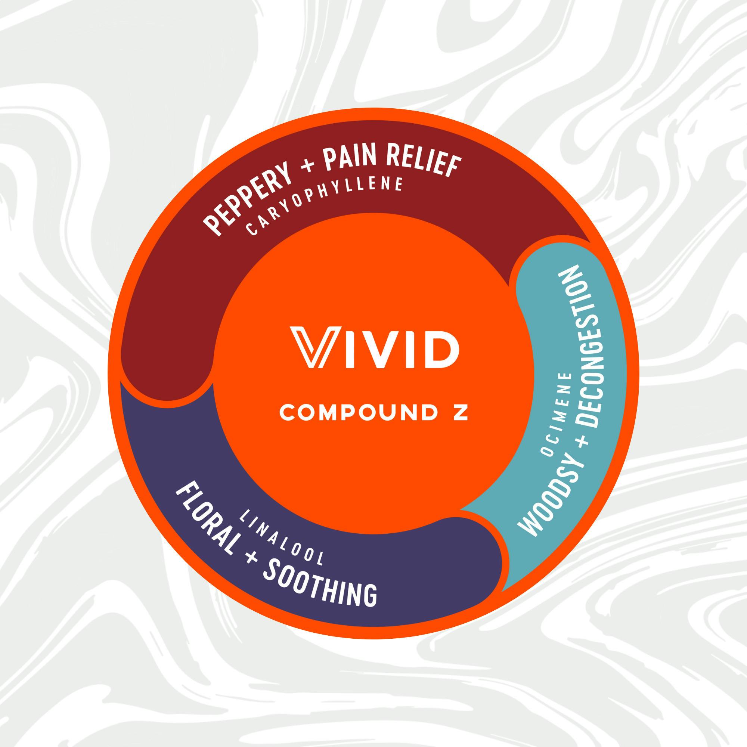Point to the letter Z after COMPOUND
pyautogui.click(x=461, y=413)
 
